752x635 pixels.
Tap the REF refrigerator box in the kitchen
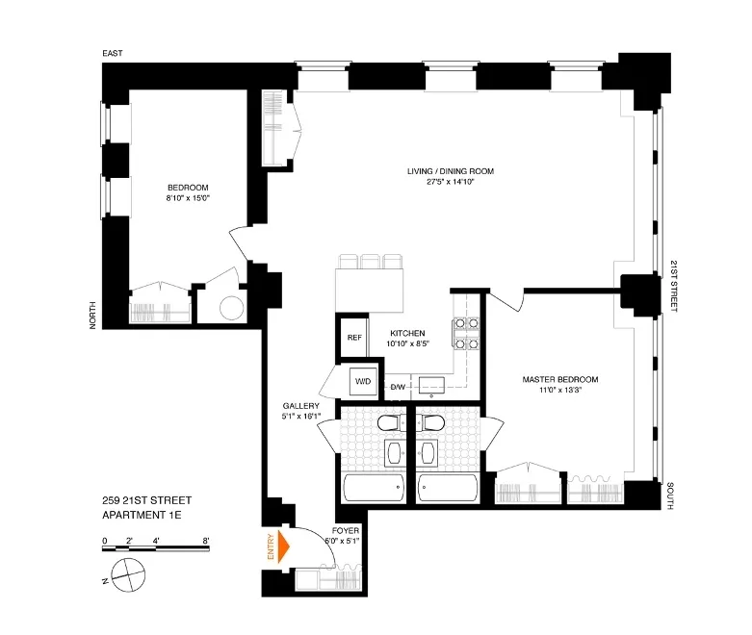click(353, 338)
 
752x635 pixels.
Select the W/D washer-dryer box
click(364, 380)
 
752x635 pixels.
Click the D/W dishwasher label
click(396, 387)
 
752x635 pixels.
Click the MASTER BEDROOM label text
click(561, 379)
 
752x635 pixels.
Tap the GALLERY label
click(298, 406)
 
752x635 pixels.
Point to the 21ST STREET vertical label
click(673, 285)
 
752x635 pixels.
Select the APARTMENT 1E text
click(142, 515)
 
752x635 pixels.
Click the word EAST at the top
click(114, 55)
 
